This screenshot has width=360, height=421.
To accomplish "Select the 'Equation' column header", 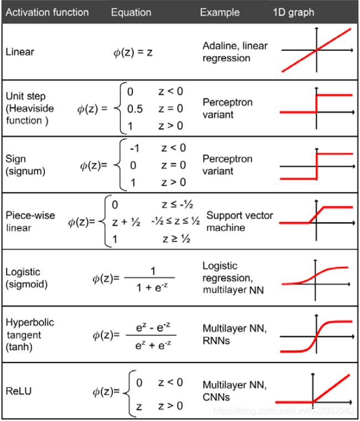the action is (131, 12).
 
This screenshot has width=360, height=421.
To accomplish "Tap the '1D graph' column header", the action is (293, 12).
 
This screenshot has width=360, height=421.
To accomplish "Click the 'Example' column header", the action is (220, 12).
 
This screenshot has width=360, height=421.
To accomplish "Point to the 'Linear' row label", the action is (19, 52).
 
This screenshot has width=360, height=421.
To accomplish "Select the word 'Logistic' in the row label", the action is (23, 272).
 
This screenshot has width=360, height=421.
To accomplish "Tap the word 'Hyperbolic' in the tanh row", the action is (30, 323).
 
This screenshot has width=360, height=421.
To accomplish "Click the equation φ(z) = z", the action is (133, 53).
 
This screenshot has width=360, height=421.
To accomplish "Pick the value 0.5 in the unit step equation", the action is (135, 109).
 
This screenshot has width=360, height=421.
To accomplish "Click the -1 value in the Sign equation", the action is (134, 148).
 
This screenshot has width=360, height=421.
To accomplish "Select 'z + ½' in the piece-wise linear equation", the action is (125, 222).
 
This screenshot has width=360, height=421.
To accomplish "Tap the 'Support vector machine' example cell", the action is (239, 221).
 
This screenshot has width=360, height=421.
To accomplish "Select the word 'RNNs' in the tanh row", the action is (217, 341).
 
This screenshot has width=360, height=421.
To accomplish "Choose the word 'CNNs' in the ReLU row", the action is (216, 397).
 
